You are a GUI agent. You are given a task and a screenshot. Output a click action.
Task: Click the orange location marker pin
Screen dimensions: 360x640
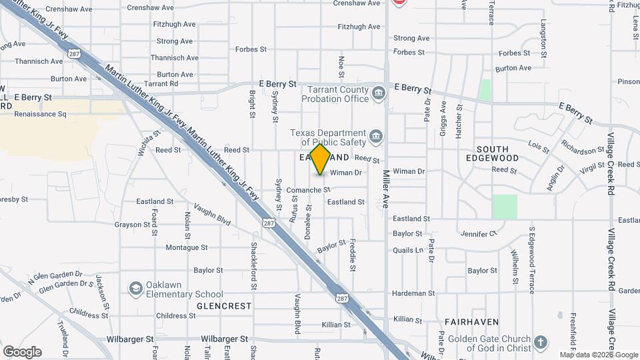click(x=321, y=159)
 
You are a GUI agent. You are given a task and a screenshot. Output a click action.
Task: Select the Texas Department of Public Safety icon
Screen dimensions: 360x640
click(x=376, y=137)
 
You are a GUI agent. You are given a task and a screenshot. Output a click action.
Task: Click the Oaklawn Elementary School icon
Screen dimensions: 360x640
click(x=136, y=289)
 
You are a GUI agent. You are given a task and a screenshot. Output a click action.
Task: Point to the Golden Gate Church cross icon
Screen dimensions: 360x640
click(x=540, y=343)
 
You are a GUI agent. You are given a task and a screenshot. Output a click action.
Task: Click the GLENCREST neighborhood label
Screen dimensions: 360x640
click(x=224, y=306)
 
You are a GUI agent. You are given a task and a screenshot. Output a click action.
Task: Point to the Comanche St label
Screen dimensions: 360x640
click(x=308, y=190)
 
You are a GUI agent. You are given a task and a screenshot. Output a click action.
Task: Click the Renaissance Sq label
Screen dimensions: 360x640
click(x=42, y=114)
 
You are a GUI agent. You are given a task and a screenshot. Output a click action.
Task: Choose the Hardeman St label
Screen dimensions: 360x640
click(x=414, y=293)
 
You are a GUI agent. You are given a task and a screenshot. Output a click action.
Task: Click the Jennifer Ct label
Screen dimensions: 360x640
click(x=479, y=234)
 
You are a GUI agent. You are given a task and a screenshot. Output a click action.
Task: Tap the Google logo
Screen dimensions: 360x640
click(x=22, y=351)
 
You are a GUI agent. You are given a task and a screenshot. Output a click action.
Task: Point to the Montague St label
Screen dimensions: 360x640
click(x=187, y=247)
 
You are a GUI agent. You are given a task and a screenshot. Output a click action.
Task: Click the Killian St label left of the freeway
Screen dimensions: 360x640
click(x=336, y=325)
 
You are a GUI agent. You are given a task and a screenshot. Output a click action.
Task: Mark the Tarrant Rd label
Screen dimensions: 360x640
click(x=161, y=84)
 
